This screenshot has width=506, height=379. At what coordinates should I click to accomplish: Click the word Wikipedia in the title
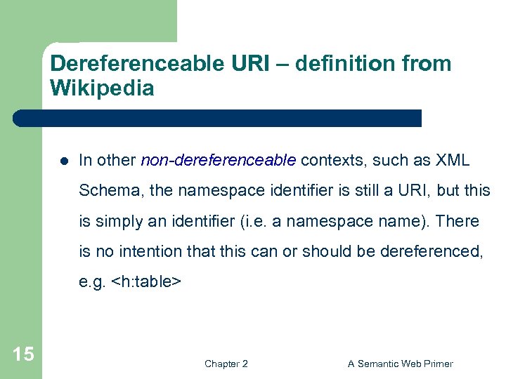tap(102, 88)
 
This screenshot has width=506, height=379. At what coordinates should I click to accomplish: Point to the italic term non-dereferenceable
tap(219, 160)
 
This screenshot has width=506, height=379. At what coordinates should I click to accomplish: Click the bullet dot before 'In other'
tap(63, 161)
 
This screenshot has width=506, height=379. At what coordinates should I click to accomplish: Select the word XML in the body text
tap(453, 160)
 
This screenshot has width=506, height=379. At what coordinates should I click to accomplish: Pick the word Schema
tap(102, 190)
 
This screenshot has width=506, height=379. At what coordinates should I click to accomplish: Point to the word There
tap(458, 221)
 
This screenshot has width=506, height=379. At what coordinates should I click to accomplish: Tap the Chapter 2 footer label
tap(226, 364)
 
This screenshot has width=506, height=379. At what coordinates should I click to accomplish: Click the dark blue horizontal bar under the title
tap(218, 118)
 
